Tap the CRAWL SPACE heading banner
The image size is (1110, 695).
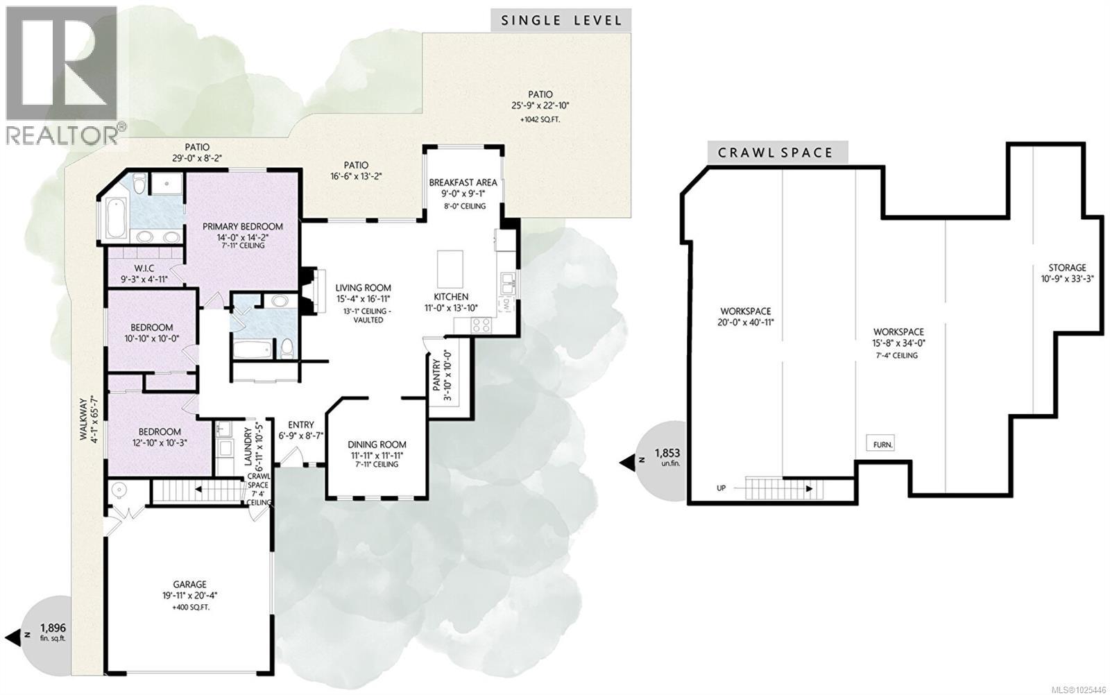click(x=778, y=153)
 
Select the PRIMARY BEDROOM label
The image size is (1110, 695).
click(x=242, y=227)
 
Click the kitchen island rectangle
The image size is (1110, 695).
click(x=447, y=263)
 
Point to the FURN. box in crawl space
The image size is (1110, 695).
click(x=880, y=444)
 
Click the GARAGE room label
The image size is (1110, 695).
click(x=189, y=585)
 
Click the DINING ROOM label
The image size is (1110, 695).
click(x=377, y=445)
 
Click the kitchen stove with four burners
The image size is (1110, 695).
click(x=481, y=324)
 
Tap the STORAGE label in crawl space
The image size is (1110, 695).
click(x=1067, y=268)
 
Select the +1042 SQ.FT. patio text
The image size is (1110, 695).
click(x=540, y=119)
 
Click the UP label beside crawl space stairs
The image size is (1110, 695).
click(x=721, y=488)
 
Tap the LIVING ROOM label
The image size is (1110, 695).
click(x=363, y=288)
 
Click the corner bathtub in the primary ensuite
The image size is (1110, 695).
click(x=114, y=216)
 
